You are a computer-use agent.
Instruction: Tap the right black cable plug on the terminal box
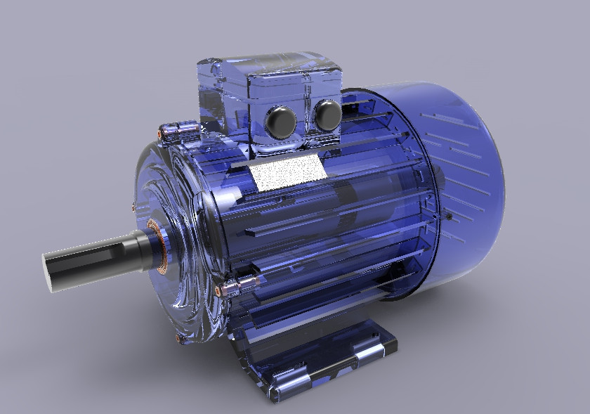click(327, 114)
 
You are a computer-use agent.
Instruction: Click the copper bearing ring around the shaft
click(159, 240)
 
